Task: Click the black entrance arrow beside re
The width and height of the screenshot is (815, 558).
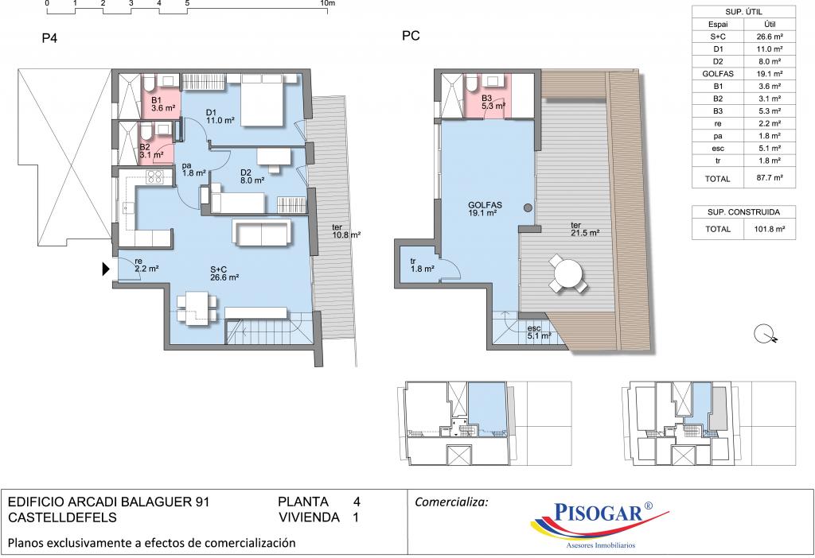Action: (x=106, y=269)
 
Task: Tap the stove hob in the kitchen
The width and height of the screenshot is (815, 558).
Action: (x=154, y=177)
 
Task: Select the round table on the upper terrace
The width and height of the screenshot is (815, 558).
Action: (x=568, y=273)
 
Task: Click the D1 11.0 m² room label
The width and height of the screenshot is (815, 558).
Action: (x=220, y=116)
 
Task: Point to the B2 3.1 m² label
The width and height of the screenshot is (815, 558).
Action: (x=151, y=150)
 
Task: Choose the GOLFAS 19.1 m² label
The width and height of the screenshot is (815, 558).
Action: (x=485, y=209)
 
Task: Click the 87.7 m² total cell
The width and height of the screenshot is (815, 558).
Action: (x=770, y=177)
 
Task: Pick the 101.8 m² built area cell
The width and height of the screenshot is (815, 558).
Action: (x=770, y=228)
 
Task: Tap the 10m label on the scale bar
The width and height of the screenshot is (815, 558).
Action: (x=328, y=3)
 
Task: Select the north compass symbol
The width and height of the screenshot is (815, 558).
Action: (x=765, y=334)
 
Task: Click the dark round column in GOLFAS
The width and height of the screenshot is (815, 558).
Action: (x=528, y=208)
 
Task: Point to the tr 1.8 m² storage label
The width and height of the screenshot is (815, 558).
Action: (x=422, y=265)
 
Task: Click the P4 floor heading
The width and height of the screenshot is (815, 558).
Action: (x=49, y=38)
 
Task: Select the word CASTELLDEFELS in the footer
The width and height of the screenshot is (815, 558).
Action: (x=62, y=517)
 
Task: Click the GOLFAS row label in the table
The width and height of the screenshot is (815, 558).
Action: (x=717, y=74)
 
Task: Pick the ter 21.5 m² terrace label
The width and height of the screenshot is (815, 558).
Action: (x=585, y=229)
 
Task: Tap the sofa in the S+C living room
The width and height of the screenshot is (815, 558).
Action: (x=261, y=232)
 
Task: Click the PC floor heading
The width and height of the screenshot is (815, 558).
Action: (x=411, y=36)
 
